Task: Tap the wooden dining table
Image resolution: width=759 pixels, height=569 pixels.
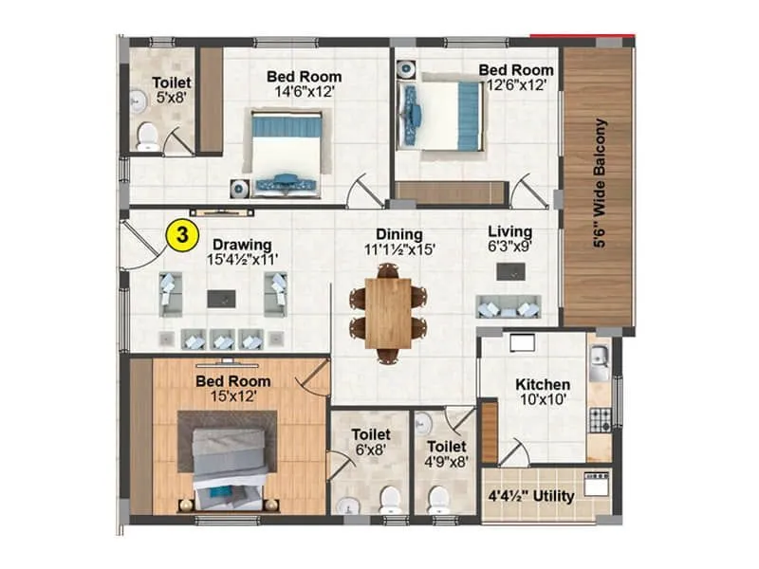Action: coord(387,312)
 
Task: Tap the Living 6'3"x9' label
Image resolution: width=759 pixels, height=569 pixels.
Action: coord(509,239)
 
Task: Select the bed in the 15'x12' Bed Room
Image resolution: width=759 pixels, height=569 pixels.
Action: coord(228,463)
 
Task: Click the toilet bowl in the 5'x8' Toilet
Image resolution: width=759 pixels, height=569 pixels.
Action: coord(147,138)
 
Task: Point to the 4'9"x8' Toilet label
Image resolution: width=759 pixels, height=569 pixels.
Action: coord(446,453)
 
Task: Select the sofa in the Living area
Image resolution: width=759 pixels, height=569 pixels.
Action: coord(509,306)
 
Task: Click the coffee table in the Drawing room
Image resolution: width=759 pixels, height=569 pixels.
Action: coord(222,298)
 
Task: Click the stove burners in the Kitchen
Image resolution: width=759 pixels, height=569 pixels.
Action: coord(599,417)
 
